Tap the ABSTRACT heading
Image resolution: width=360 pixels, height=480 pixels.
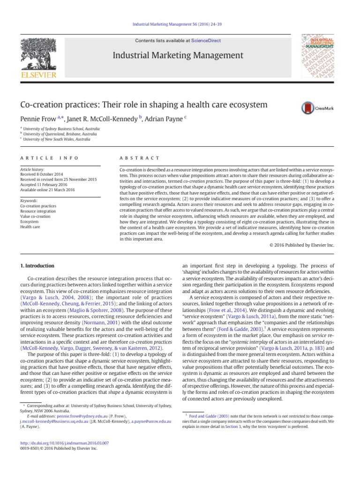pos(140,158)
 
